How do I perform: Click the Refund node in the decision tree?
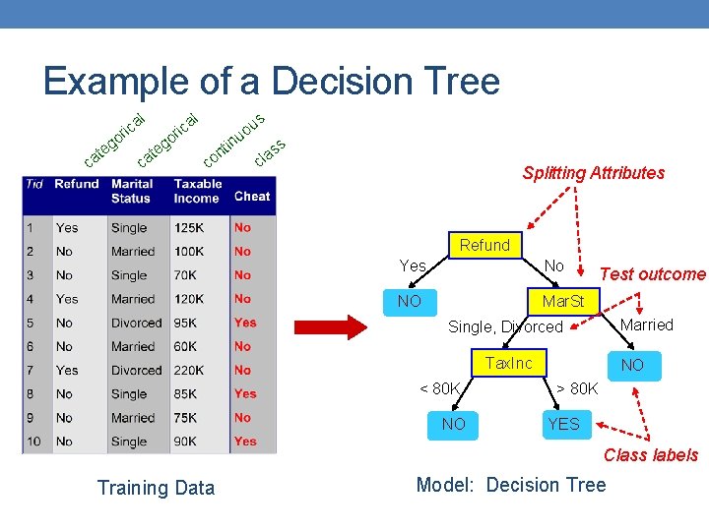point(484,246)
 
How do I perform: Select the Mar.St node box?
point(563,301)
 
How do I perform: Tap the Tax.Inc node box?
point(508,364)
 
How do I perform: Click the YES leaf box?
point(564,425)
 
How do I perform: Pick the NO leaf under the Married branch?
point(632,365)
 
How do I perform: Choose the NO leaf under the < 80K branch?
point(454,425)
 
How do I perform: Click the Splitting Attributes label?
point(594,173)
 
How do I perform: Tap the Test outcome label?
point(653,274)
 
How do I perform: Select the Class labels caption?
point(651,455)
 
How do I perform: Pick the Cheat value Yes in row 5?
point(245,323)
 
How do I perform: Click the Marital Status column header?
point(132,191)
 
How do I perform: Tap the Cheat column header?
point(252,197)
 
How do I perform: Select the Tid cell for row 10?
point(34,442)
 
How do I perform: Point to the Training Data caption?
point(156,488)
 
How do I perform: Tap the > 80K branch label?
point(577,388)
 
